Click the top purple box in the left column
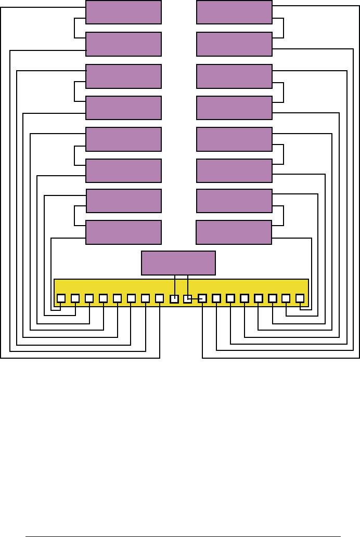coord(123,12)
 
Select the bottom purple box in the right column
coord(234,232)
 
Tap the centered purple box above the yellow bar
coord(178,263)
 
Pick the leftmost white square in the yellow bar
coord(61,298)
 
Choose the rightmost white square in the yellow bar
coord(300,298)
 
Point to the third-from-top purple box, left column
coord(123,76)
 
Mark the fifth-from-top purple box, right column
coord(234,139)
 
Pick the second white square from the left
coord(75,298)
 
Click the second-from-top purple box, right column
coord(234,44)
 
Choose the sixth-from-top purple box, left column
coord(123,171)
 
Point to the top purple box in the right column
coord(234,12)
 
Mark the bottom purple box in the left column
coord(123,232)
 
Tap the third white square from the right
coord(272,298)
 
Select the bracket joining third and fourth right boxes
coord(283,92)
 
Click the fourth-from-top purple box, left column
coord(123,108)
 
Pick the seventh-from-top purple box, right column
coord(234,201)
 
